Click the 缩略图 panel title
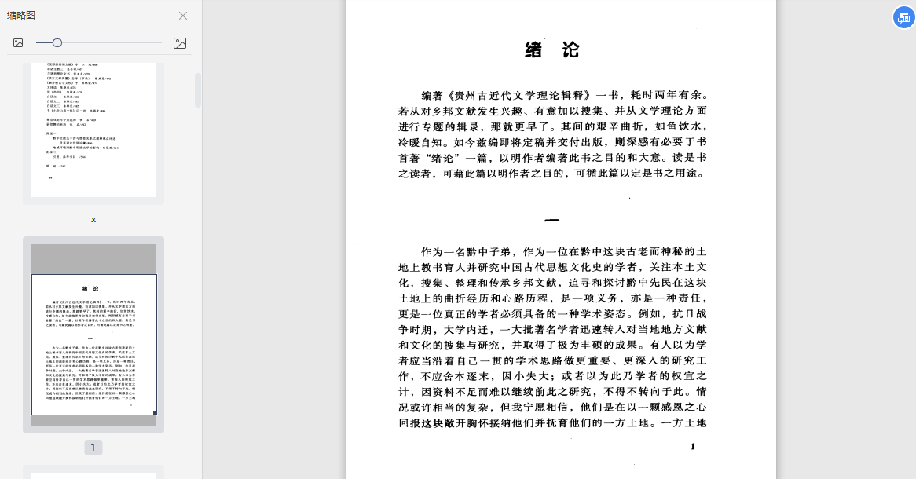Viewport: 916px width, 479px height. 21,16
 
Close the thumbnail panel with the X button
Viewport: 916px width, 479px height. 183,16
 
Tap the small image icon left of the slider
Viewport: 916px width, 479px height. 18,43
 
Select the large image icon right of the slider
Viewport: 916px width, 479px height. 180,43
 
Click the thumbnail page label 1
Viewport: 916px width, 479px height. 93,448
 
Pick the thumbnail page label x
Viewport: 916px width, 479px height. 93,220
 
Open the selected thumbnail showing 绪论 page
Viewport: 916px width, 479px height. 93,344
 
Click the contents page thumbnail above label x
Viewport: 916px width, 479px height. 93,130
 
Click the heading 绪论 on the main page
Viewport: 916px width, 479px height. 552,50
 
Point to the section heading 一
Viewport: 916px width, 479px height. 552,221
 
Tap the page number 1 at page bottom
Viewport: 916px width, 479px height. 692,447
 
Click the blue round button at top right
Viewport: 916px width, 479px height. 903,17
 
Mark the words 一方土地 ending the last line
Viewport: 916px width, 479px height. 683,423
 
